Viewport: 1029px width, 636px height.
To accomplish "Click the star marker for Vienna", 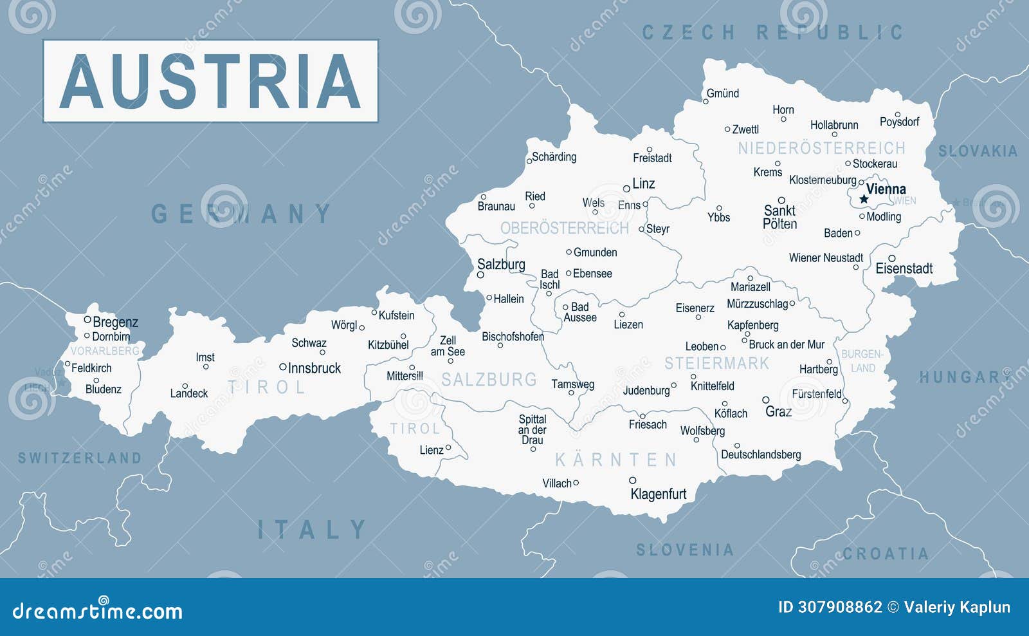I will coord(864,199).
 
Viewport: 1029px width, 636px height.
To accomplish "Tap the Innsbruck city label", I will coord(314,368).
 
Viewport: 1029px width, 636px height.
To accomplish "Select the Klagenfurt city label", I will coord(658,494).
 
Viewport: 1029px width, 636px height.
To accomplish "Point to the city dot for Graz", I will coord(765,400).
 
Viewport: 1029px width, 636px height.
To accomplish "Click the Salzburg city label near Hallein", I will coord(501,265).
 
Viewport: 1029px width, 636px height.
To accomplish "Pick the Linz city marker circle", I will coord(626,189).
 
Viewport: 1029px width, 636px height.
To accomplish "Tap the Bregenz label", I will coord(115,322).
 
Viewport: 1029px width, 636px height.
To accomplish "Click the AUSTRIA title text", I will coord(210,81).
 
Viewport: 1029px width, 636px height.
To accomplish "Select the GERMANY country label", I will coord(241,214).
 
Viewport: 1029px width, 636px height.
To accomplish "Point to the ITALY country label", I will coord(312,530).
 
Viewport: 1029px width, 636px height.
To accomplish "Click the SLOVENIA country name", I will coord(685,550).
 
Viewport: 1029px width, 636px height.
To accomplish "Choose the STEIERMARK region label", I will coord(716,364).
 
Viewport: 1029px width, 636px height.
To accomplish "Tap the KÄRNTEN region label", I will coord(616,460).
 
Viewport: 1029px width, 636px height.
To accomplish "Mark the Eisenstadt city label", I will coord(904,268).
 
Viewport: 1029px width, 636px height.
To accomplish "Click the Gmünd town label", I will coord(723,93).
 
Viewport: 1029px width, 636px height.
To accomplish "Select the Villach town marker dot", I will coord(576,482).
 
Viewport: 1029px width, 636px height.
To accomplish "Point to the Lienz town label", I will coord(431,450).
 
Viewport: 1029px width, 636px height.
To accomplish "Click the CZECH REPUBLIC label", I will coord(772,32).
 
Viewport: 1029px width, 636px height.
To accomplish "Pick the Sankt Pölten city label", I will coord(779,217).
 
